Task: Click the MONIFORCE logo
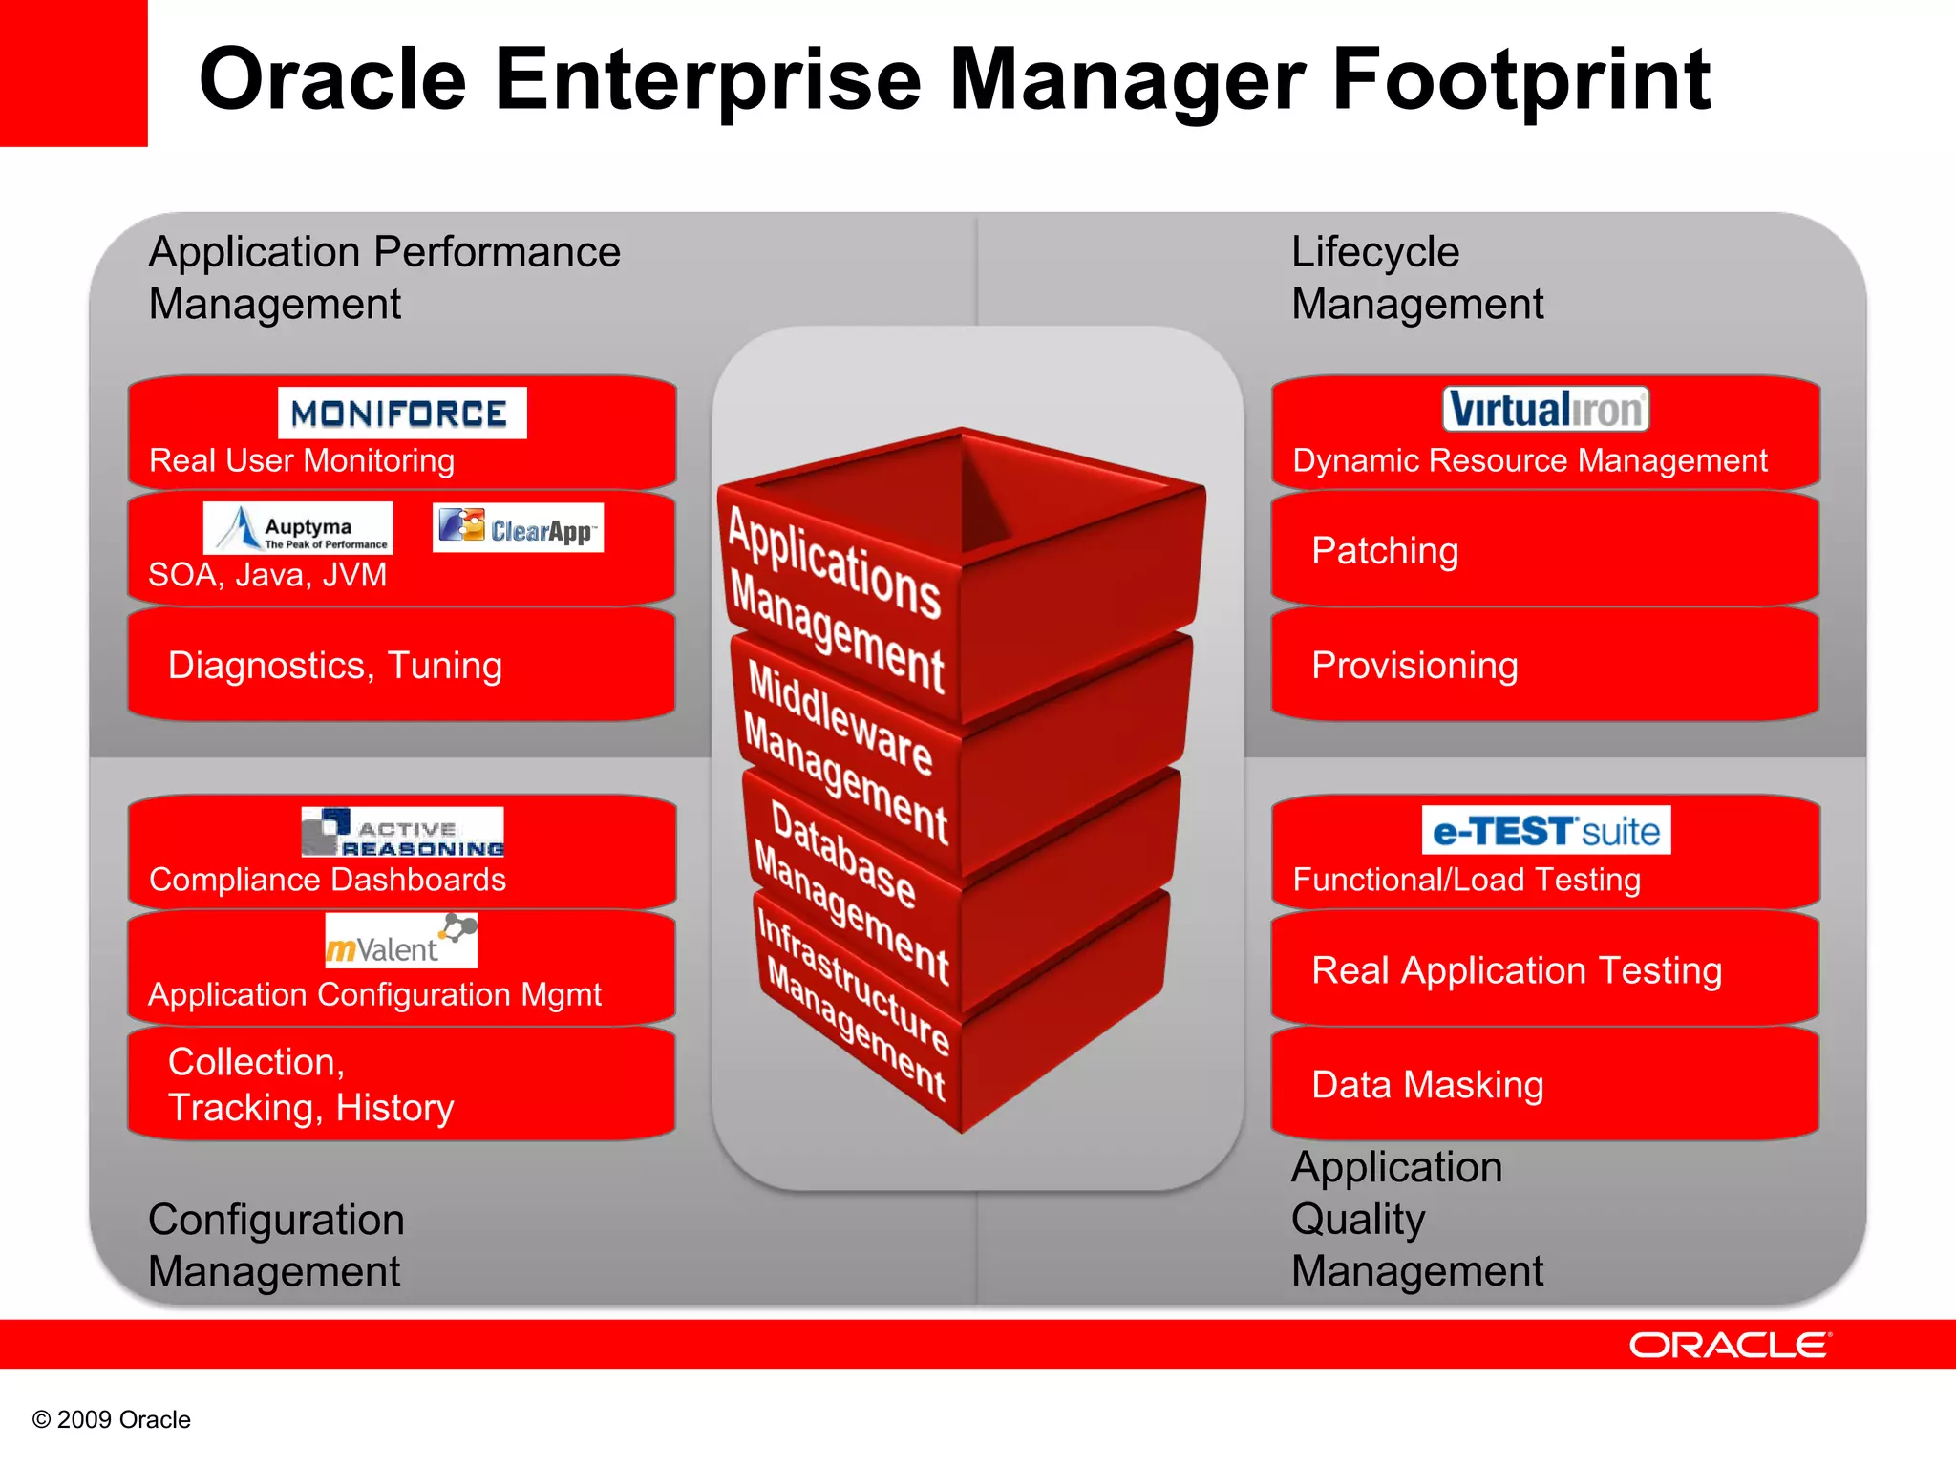402,413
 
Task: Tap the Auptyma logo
298,528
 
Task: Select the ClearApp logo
518,527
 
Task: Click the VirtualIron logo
1545,409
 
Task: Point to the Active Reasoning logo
402,832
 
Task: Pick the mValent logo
401,941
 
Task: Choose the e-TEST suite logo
1545,830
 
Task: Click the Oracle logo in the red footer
1730,1345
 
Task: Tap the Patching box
1543,550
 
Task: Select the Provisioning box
1543,665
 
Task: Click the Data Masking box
1543,1084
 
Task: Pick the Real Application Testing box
1543,969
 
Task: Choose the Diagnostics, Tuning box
401,665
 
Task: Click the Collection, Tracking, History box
401,1084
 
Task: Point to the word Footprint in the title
1520,80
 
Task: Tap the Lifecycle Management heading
1416,278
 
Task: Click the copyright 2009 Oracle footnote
112,1419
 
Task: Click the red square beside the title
73,73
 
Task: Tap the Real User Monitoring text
302,460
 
